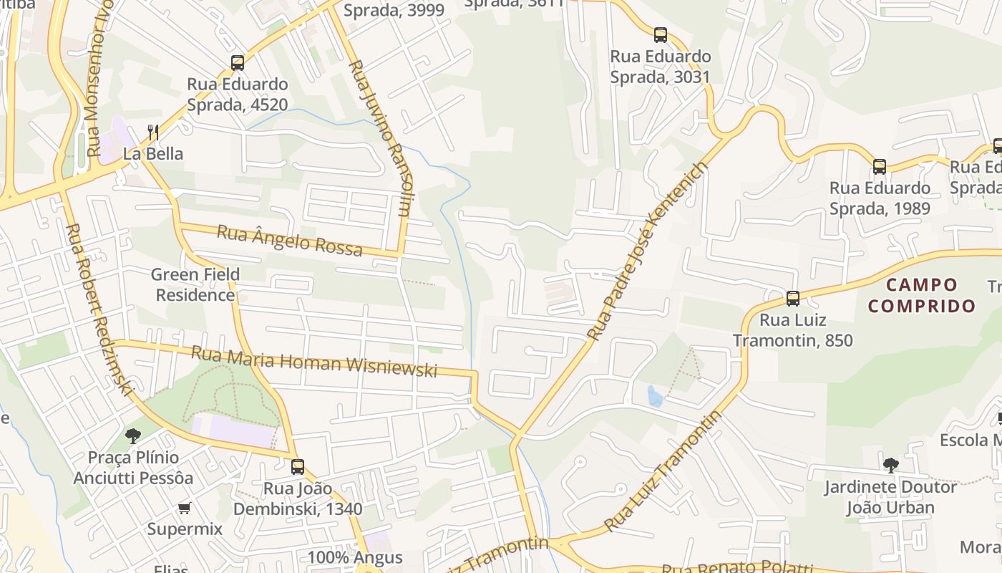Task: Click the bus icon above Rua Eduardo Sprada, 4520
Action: pyautogui.click(x=238, y=63)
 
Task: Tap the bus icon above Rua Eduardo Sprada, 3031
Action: pyautogui.click(x=660, y=35)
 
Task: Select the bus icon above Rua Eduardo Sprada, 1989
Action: pyautogui.click(x=879, y=167)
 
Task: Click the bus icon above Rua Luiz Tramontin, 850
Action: pyautogui.click(x=792, y=299)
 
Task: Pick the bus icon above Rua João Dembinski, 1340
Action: pyautogui.click(x=298, y=467)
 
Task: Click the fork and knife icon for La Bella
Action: pyautogui.click(x=152, y=132)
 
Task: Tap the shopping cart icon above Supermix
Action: pyautogui.click(x=185, y=509)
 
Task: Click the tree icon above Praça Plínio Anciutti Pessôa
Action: pyautogui.click(x=133, y=435)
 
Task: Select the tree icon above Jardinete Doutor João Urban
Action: pyautogui.click(x=890, y=466)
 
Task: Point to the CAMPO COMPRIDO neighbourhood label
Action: pyautogui.click(x=921, y=295)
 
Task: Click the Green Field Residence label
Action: pyautogui.click(x=195, y=284)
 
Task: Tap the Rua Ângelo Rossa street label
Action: pyautogui.click(x=289, y=240)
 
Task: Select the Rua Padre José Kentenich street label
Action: pyautogui.click(x=648, y=251)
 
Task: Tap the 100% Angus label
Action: pyautogui.click(x=355, y=557)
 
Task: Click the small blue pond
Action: pyautogui.click(x=655, y=395)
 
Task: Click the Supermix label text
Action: pyautogui.click(x=185, y=529)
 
